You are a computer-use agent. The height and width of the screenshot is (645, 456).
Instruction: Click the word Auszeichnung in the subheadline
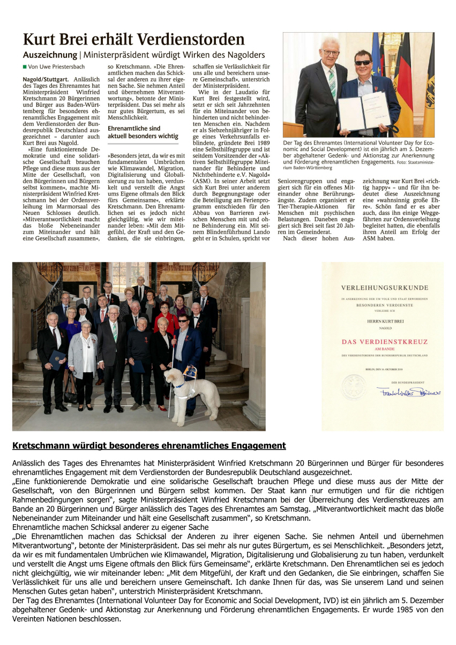click(x=50, y=55)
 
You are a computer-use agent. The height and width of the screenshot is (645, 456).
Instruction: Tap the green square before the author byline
click(x=25, y=66)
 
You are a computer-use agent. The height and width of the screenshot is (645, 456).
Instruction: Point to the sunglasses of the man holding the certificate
click(x=363, y=62)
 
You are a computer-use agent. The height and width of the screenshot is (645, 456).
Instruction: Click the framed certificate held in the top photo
click(x=363, y=110)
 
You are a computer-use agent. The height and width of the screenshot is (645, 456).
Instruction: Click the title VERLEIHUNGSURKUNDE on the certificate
click(x=382, y=287)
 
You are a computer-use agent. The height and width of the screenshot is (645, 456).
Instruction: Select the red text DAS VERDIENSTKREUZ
click(x=382, y=341)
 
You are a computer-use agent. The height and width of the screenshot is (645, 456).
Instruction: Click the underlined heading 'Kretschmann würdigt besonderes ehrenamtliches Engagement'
click(x=149, y=446)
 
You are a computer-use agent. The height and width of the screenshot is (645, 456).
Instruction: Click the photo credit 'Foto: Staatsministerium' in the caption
click(x=411, y=161)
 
